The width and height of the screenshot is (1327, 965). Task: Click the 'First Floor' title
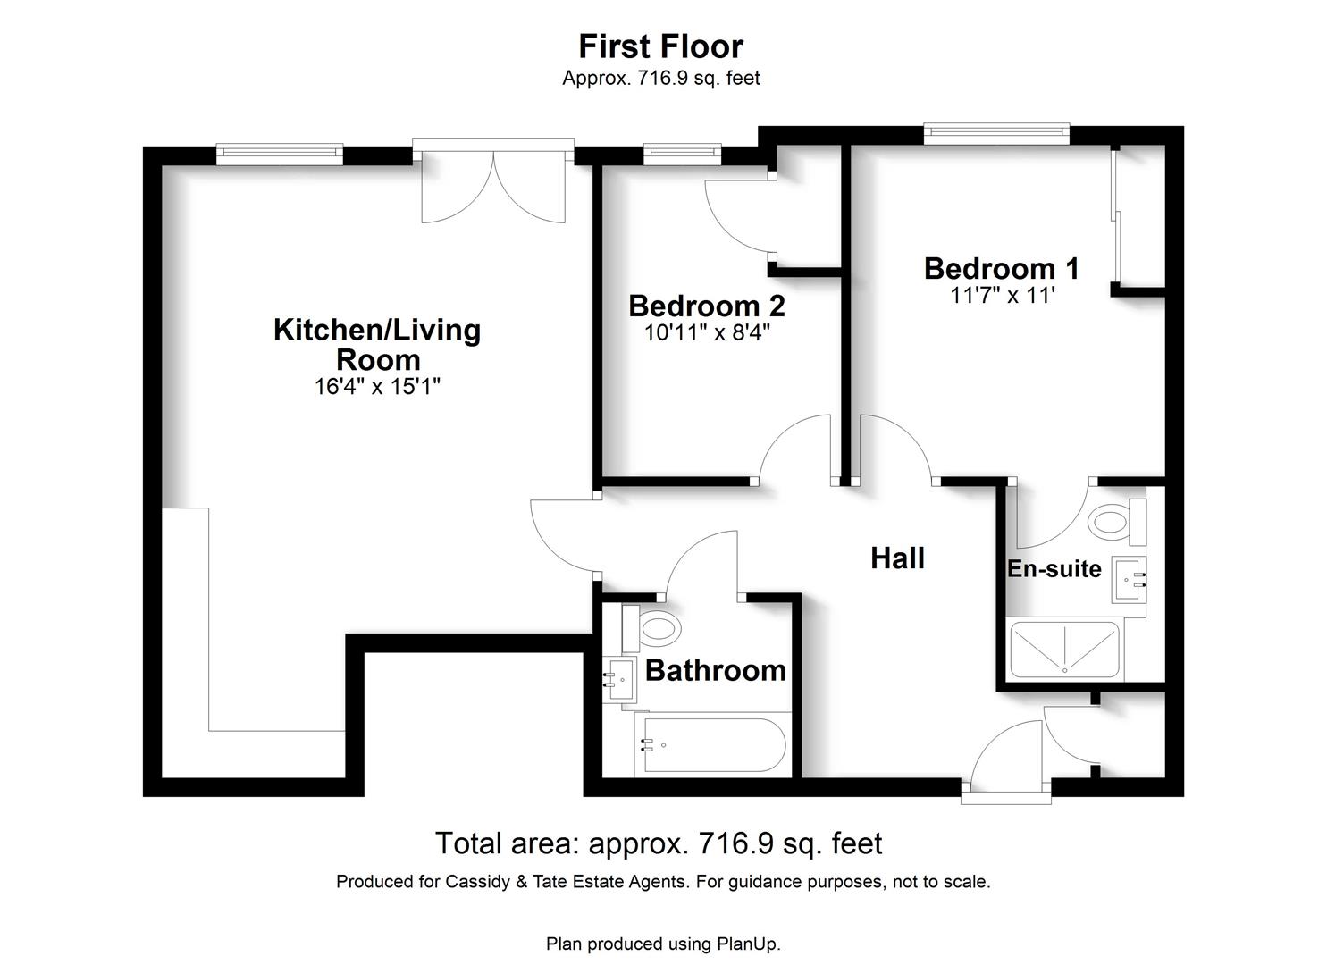[660, 46]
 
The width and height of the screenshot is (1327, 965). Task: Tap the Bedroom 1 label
[1002, 269]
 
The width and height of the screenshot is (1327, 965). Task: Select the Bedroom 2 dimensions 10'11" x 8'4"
[707, 332]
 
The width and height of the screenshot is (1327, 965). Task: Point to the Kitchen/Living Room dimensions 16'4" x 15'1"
[377, 386]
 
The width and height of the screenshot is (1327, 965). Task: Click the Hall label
[897, 558]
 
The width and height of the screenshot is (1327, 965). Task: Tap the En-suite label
[1054, 568]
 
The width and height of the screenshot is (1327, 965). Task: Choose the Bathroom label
[716, 670]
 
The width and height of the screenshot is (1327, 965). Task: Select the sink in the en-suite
[1129, 579]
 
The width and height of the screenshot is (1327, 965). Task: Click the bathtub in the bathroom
[713, 744]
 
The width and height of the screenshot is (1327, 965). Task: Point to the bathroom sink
[619, 679]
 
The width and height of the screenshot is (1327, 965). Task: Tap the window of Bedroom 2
[683, 154]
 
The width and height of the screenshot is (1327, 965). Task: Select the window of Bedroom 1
[997, 134]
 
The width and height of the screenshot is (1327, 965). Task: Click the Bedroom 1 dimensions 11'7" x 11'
[1003, 295]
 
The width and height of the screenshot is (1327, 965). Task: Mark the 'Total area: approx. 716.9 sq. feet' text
[659, 843]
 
